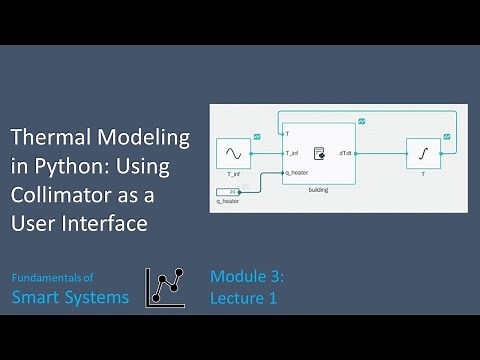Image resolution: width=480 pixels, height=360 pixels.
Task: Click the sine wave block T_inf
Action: [233, 154]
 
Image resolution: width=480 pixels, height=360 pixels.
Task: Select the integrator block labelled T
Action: [423, 154]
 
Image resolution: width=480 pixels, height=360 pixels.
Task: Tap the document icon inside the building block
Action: [319, 154]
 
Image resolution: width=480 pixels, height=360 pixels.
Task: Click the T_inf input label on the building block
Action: [292, 154]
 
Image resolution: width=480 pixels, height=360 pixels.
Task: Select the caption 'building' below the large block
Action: [319, 188]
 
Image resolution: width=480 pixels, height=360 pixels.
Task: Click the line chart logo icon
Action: [167, 287]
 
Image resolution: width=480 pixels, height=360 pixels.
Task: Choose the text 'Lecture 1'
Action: [241, 297]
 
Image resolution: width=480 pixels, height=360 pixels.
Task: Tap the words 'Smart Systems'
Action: [70, 296]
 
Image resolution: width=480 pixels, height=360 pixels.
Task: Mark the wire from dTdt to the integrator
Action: [380, 154]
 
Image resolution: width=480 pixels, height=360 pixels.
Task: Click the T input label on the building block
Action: [288, 133]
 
